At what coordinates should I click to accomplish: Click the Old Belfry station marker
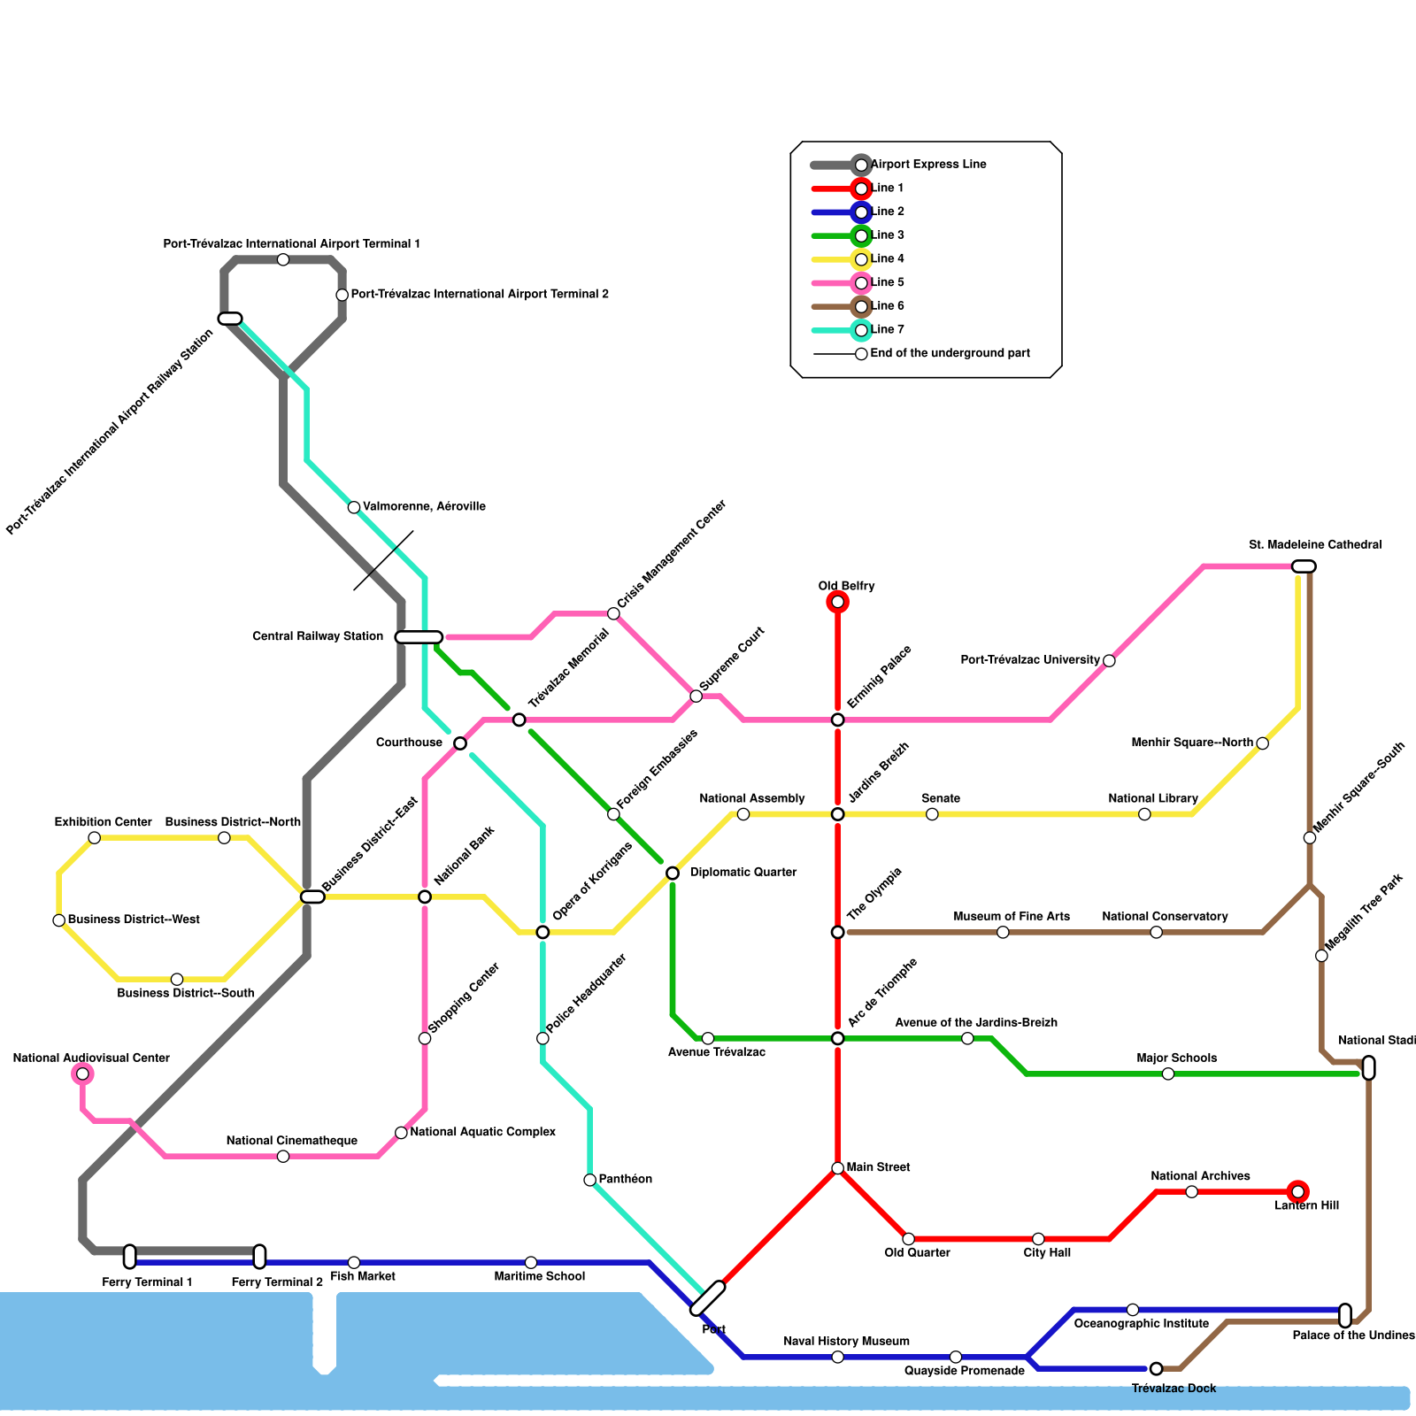tap(837, 603)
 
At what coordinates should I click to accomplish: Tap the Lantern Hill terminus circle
tap(1297, 1192)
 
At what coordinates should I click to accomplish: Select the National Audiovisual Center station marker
tap(82, 1074)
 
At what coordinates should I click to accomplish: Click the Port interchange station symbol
tap(707, 1298)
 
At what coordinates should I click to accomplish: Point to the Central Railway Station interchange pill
tap(419, 637)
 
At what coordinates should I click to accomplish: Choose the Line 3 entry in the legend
tap(887, 235)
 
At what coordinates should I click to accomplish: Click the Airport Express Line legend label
tap(927, 165)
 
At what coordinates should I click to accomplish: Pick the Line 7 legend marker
tap(861, 330)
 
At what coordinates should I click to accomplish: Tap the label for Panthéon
tap(625, 1180)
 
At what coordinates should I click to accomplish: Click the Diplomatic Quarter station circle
tap(673, 873)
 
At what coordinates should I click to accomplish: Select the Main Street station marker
tap(837, 1168)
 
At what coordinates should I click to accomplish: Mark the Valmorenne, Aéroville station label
tap(424, 507)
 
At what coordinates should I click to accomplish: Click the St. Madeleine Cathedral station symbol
tap(1304, 566)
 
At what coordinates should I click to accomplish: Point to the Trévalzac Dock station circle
tap(1156, 1369)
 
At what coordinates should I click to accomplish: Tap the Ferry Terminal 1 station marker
tap(130, 1257)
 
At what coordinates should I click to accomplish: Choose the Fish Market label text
tap(363, 1277)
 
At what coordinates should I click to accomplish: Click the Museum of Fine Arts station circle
tap(1003, 933)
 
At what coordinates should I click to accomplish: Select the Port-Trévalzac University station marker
tap(1109, 661)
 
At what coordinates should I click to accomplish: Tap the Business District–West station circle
tap(59, 920)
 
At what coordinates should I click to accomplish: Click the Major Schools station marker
tap(1168, 1074)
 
